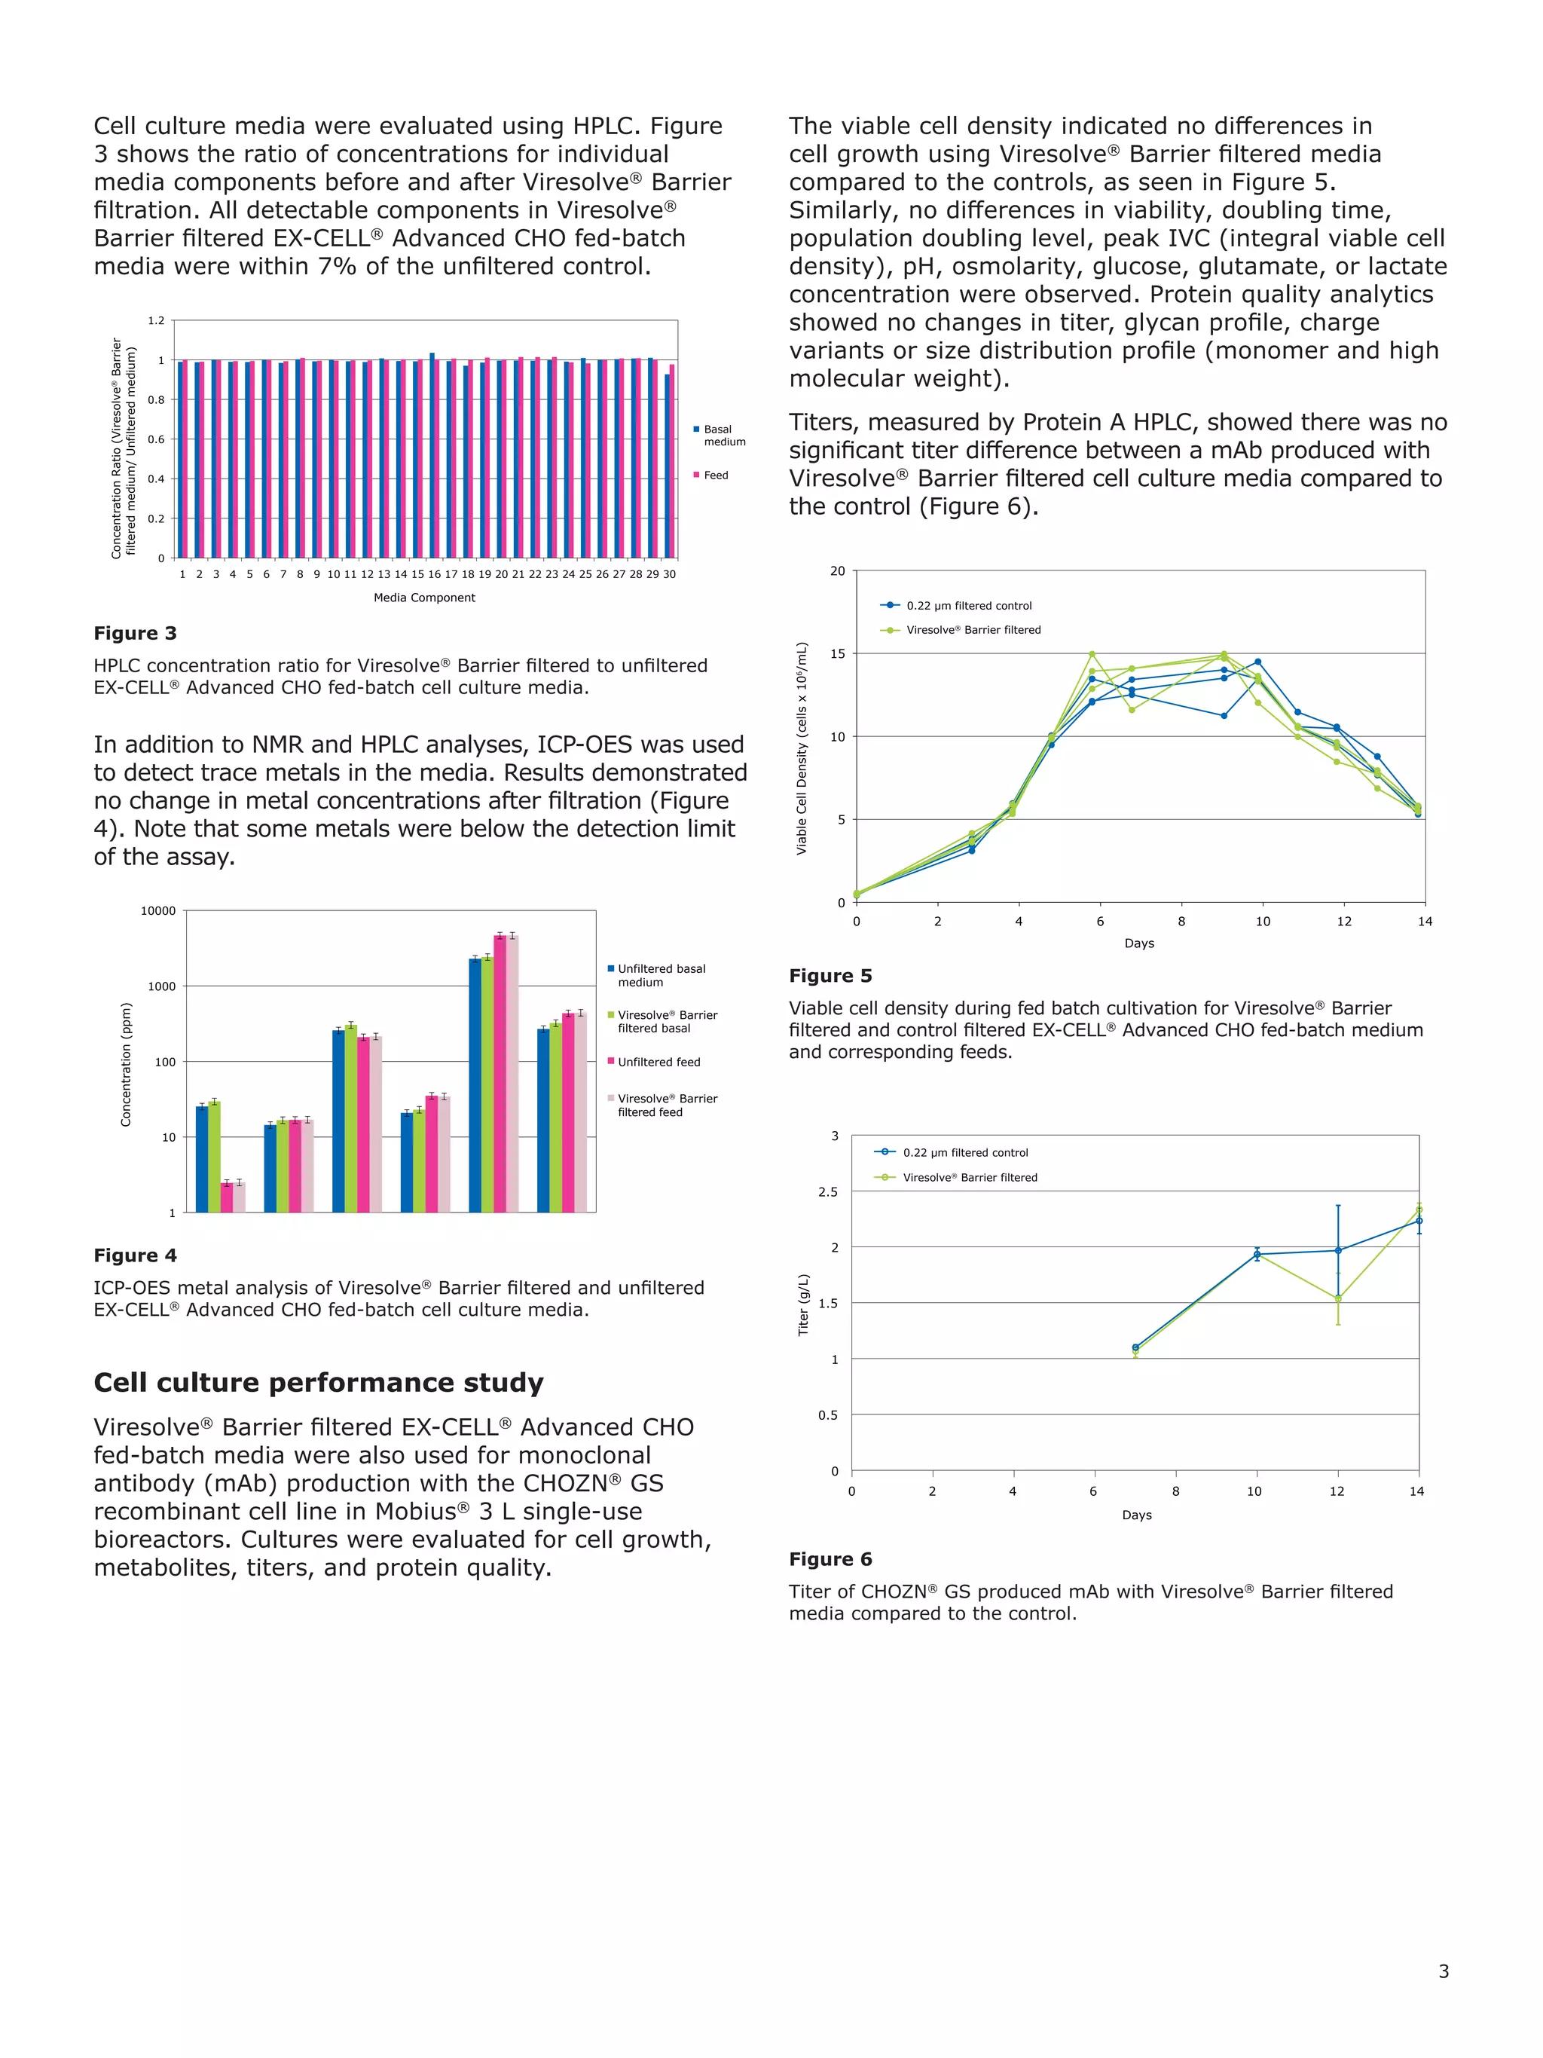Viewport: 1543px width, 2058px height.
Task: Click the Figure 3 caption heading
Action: pos(135,634)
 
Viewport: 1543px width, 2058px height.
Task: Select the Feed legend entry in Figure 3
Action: pos(714,476)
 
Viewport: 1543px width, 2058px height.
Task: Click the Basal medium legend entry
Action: pos(723,436)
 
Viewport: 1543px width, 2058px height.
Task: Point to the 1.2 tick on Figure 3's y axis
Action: pos(156,321)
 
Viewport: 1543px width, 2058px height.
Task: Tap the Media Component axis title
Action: pos(424,598)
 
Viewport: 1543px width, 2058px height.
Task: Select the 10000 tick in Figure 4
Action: pos(158,912)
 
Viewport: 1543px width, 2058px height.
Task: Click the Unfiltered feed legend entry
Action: pos(658,1063)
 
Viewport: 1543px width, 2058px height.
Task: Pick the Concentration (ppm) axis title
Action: pos(127,1064)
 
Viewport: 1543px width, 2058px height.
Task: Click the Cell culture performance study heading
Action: pos(318,1383)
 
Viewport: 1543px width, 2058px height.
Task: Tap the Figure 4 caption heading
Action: pos(135,1256)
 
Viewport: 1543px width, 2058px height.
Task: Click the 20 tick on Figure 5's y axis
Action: pos(837,571)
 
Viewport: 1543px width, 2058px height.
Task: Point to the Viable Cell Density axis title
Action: pos(802,748)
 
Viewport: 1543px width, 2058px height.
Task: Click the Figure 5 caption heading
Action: pos(830,976)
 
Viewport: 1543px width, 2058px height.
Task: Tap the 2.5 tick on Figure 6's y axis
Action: pos(828,1192)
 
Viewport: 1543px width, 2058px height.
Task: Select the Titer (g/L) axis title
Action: pos(804,1304)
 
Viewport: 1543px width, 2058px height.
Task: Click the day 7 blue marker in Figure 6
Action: pos(1135,1347)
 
